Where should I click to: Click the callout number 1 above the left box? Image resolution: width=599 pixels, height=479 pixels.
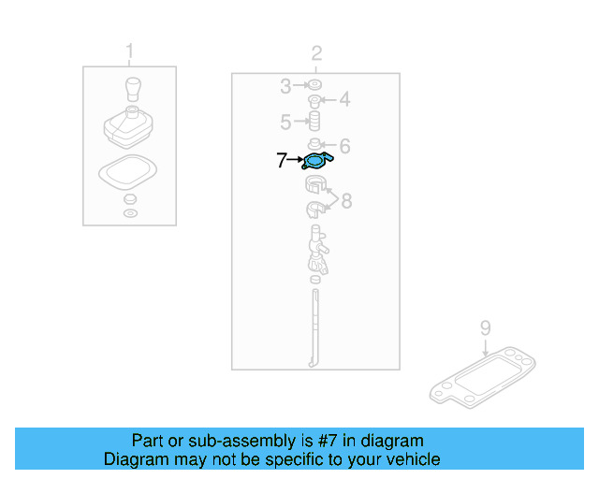tap(129, 51)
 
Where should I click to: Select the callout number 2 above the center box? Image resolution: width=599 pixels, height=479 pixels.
tap(316, 52)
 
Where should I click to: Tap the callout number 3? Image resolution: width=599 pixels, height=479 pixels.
tap(285, 87)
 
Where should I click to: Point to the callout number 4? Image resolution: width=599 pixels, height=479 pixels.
tap(343, 99)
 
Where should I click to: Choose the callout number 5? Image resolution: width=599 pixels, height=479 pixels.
tap(285, 122)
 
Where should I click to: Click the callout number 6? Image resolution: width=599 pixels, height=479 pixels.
tap(343, 146)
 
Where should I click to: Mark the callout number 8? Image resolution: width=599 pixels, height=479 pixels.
tap(345, 200)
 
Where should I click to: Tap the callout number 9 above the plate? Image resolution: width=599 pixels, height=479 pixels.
tap(485, 327)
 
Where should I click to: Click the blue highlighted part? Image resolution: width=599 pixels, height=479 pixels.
tap(315, 162)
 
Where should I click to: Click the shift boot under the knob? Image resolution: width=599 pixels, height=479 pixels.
tap(129, 129)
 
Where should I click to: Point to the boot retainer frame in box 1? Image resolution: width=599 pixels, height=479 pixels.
tap(128, 174)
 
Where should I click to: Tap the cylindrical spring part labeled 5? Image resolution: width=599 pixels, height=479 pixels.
tap(315, 122)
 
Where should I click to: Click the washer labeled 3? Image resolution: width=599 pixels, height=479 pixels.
tap(315, 87)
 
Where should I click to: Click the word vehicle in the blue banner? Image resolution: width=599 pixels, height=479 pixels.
tap(411, 459)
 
